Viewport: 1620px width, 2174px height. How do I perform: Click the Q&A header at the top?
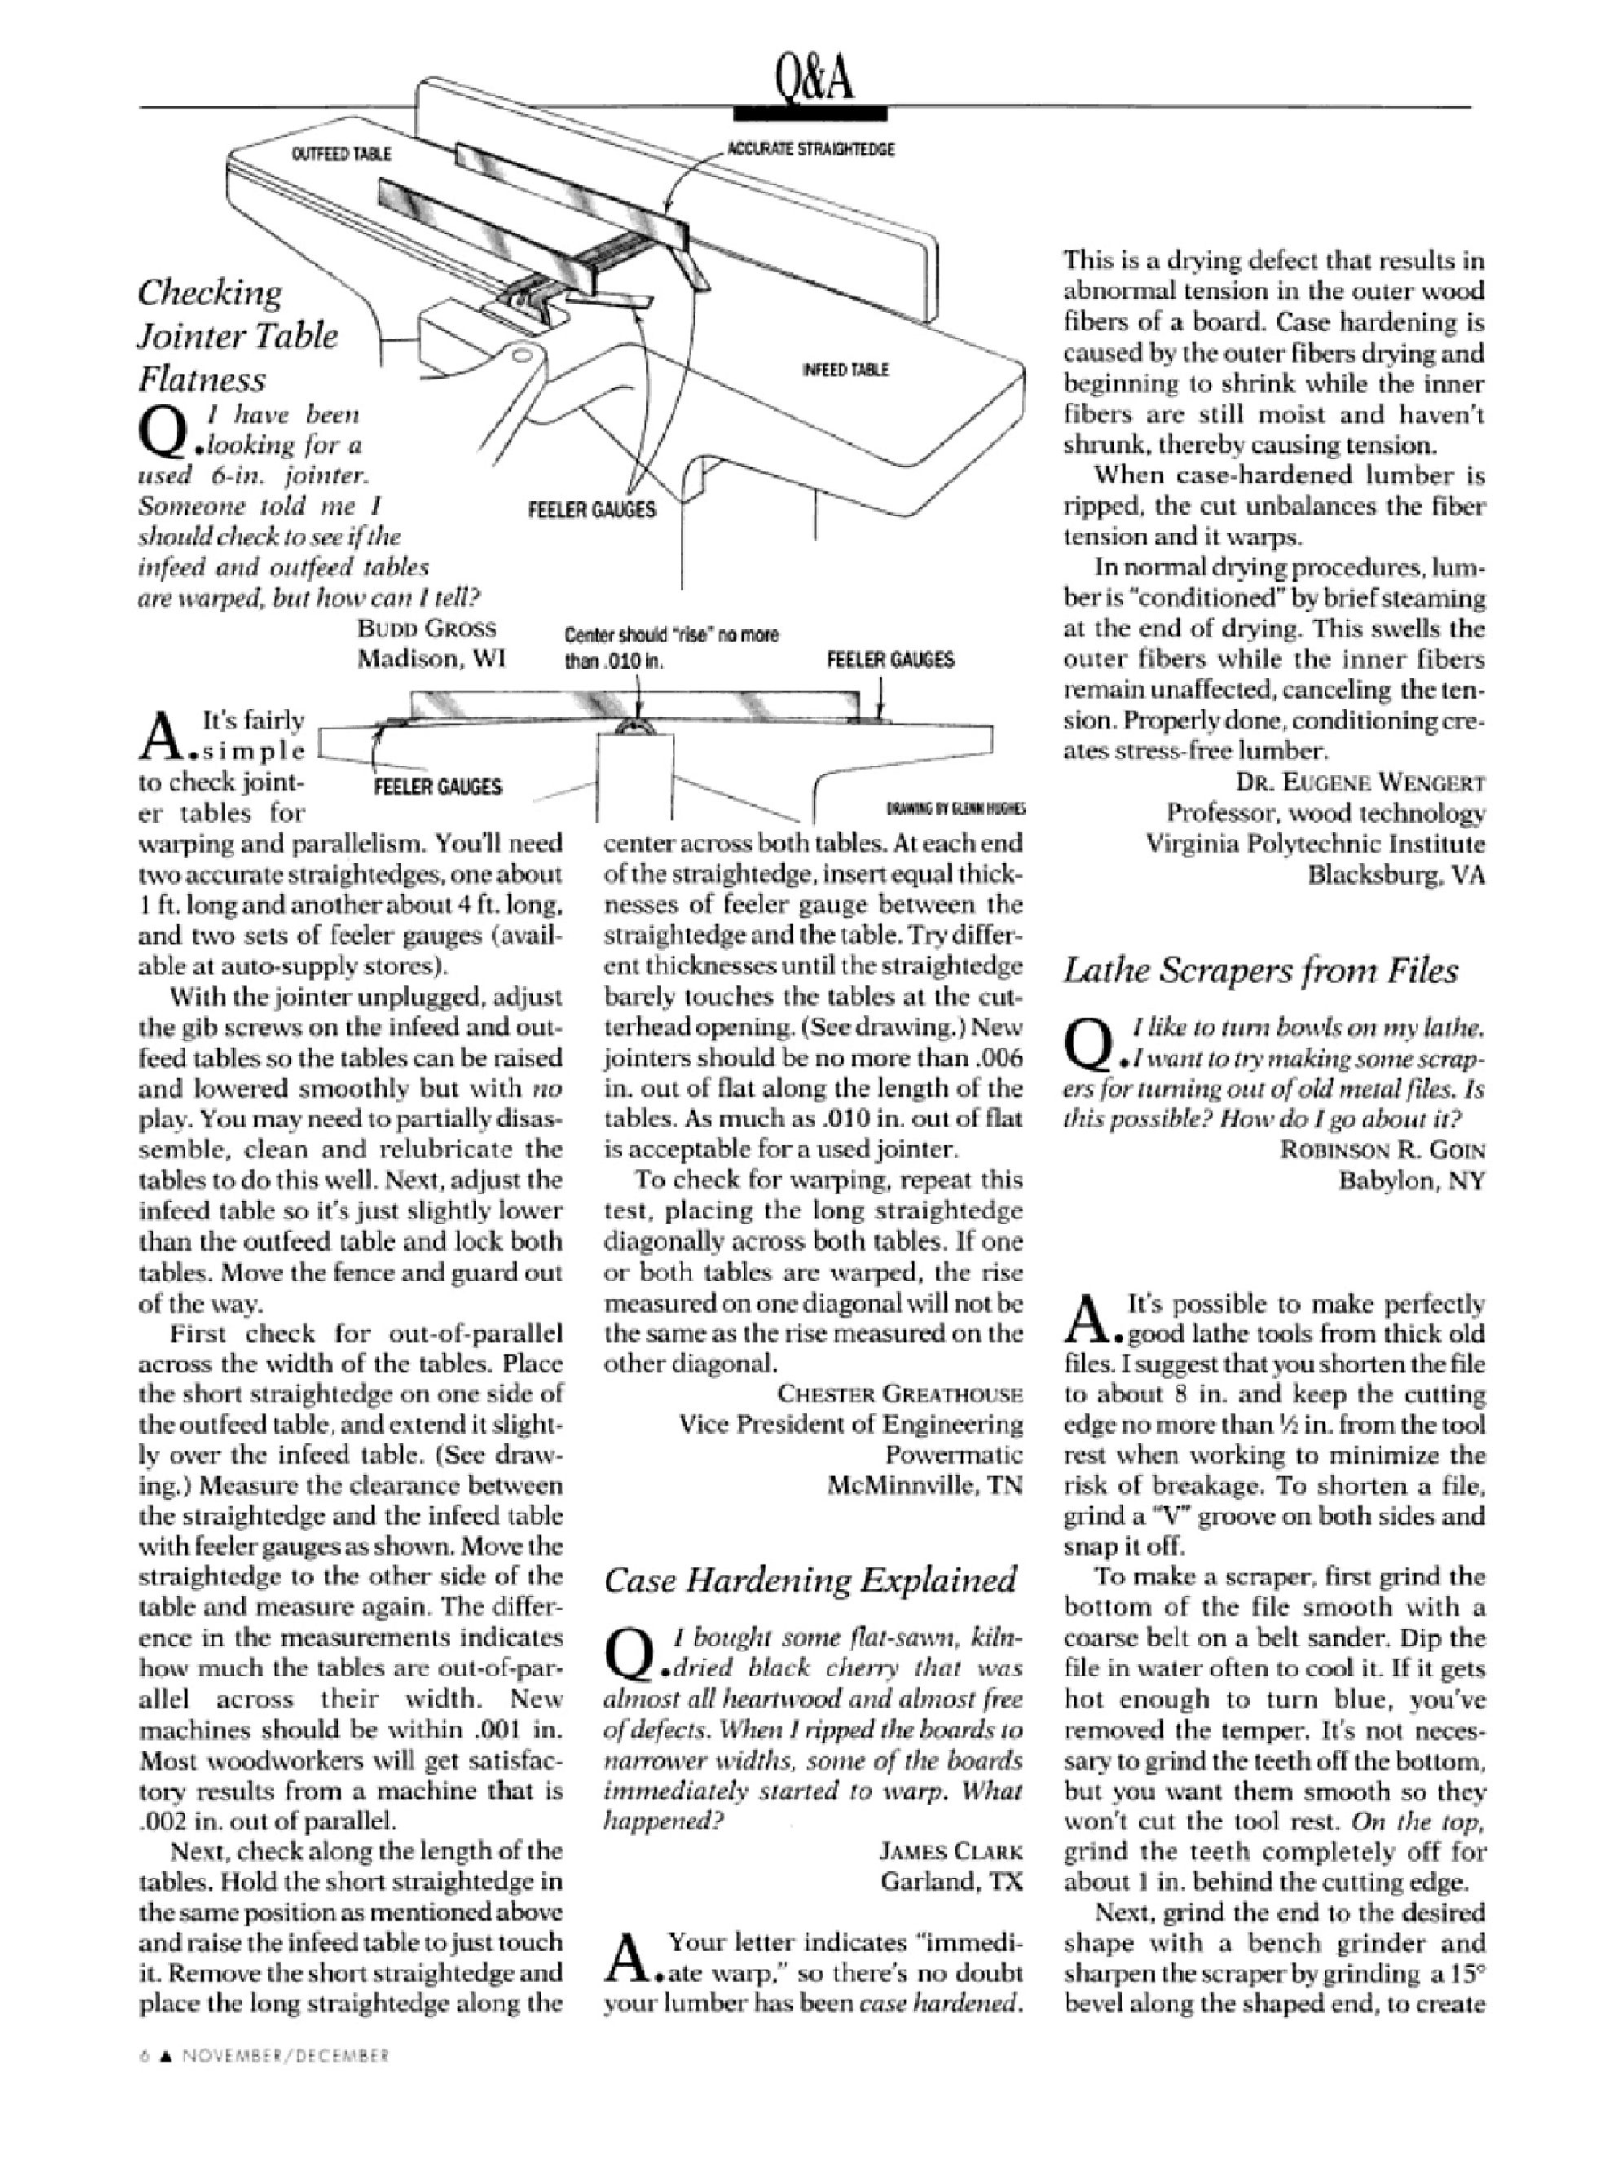click(x=813, y=81)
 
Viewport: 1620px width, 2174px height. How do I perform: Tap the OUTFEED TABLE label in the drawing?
click(x=341, y=154)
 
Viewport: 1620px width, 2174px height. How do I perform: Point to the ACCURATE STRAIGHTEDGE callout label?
click(x=810, y=149)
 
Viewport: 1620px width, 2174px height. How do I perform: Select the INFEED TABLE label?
click(x=845, y=370)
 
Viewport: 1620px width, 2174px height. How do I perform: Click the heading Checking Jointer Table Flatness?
click(x=237, y=336)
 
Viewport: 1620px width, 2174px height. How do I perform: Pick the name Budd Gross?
click(x=426, y=628)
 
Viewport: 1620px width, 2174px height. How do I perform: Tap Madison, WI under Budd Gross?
click(x=430, y=659)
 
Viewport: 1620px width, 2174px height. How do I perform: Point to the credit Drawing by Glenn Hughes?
click(x=955, y=809)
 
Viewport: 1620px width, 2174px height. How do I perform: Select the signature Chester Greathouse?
click(x=900, y=1393)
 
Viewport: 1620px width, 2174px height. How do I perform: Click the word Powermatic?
click(x=953, y=1454)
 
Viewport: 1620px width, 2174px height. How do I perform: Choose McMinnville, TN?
click(x=925, y=1485)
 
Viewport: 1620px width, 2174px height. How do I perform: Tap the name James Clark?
click(x=950, y=1851)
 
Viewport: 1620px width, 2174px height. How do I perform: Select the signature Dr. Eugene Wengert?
click(x=1360, y=782)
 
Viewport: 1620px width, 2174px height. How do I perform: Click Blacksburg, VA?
click(x=1397, y=874)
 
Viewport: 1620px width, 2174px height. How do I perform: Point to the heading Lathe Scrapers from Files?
click(x=1260, y=970)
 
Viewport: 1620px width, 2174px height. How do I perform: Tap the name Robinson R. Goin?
click(x=1382, y=1151)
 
